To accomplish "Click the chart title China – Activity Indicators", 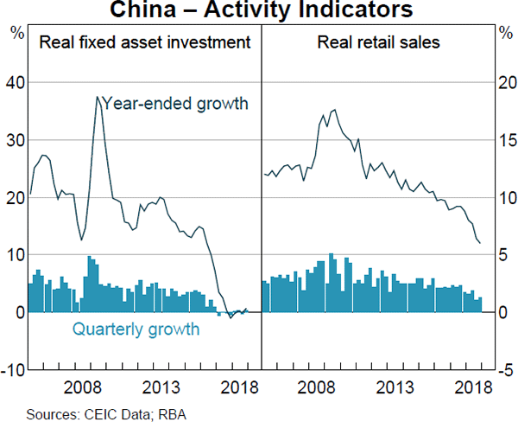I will point(259,11).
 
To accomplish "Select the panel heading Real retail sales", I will point(378,42).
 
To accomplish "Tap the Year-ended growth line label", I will point(175,104).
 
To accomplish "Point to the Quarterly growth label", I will point(136,329).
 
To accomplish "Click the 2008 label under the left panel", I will point(85,386).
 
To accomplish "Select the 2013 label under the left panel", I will point(161,386).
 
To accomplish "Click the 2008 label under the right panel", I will point(319,386).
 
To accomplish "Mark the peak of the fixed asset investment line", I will point(97,97).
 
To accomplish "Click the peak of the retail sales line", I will point(334,110).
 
